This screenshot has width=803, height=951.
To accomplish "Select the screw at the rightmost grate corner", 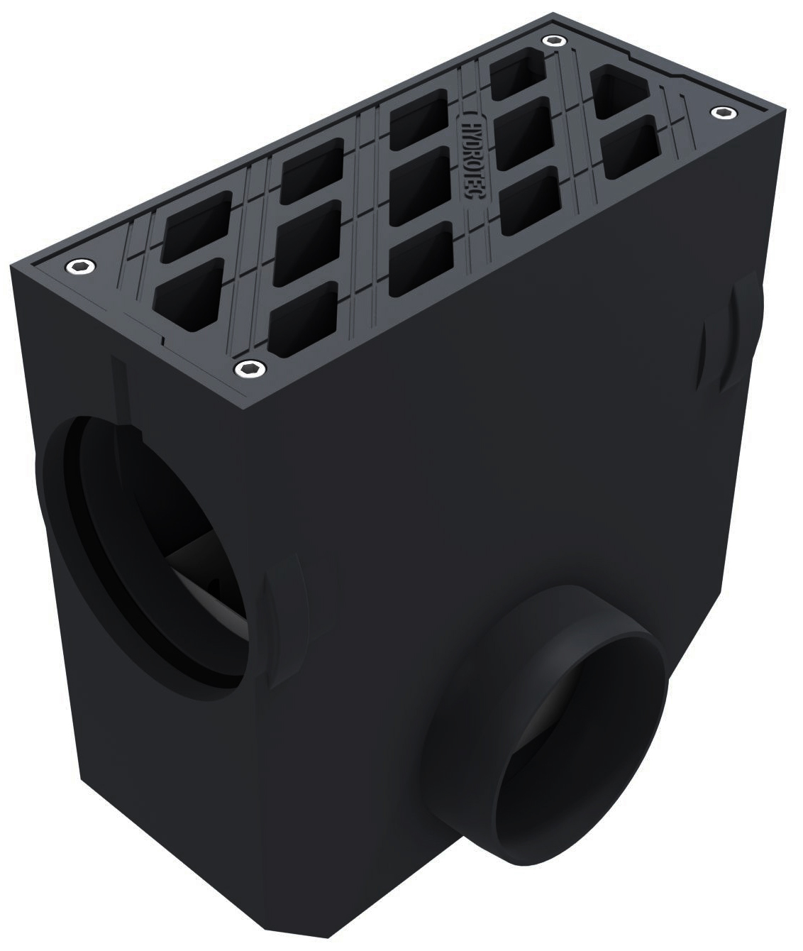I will point(721,112).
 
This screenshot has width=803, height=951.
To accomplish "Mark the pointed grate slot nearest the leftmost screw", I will point(184,292).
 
